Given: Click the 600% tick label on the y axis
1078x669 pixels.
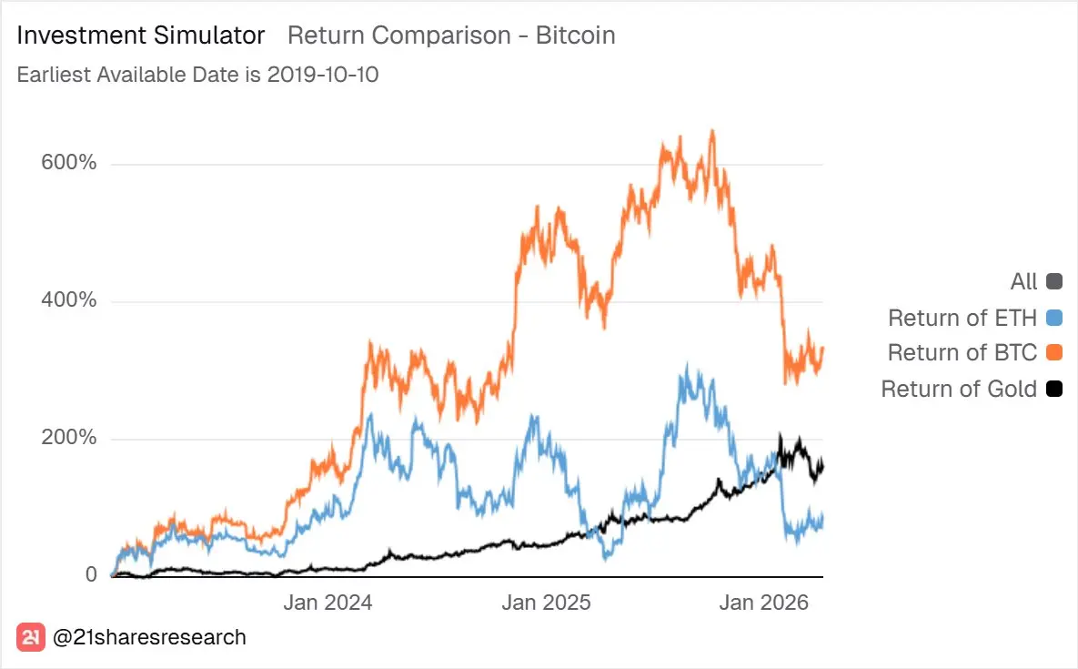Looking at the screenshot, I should click(68, 163).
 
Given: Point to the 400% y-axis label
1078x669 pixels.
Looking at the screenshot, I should click(68, 300).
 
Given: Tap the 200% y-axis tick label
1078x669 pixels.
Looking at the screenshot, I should click(68, 438).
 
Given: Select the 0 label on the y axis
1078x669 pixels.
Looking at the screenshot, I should click(91, 574).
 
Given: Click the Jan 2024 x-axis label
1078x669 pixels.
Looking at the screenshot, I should click(327, 603).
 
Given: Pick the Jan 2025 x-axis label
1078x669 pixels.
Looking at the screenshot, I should click(546, 603).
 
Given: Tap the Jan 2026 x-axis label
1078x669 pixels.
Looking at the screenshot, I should click(763, 603).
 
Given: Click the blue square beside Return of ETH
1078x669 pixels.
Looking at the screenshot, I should click(1054, 318).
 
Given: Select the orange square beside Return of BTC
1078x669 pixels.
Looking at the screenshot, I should click(1054, 353).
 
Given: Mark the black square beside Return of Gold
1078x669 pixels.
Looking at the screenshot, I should click(1054, 389).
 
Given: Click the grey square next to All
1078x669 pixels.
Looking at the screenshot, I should click(1054, 281).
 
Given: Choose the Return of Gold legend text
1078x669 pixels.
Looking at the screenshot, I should click(959, 389).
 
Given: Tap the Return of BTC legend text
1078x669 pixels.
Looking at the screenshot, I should click(962, 353).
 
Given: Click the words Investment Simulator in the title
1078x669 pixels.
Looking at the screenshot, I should click(141, 35).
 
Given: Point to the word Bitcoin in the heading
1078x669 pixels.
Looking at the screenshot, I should click(576, 35).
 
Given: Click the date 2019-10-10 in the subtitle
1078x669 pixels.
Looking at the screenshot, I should click(323, 75).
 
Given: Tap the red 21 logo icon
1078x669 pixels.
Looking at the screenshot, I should click(31, 637).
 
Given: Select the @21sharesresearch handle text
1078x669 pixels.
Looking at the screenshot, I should click(150, 637).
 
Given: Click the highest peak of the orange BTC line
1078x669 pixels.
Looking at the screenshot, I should click(712, 131).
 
